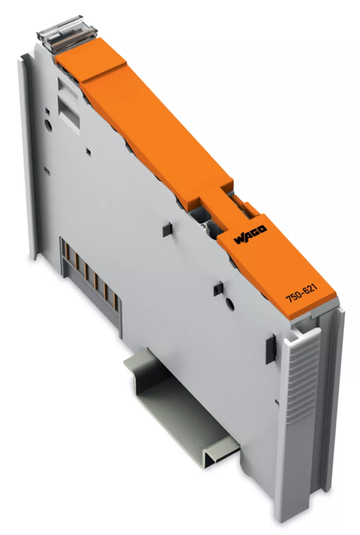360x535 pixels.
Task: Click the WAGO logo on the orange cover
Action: coord(251,235)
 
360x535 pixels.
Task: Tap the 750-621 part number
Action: coord(302,293)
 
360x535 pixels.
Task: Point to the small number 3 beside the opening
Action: coord(204,225)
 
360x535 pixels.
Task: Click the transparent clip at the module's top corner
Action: coord(67,33)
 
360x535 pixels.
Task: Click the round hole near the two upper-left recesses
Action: coord(48,125)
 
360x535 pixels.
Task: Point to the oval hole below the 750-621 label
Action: coord(231,304)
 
